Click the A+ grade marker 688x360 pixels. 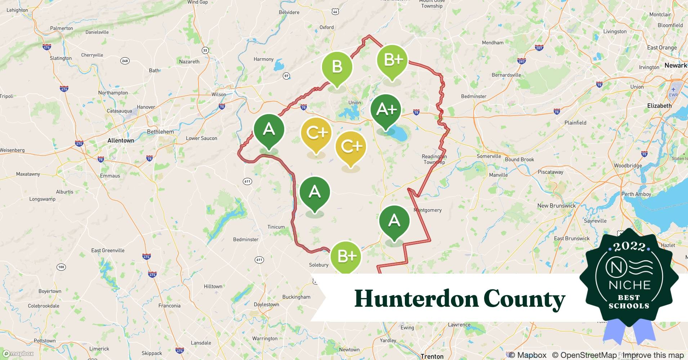pos(386,109)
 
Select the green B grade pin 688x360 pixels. pos(337,67)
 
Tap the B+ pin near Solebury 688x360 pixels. pos(346,256)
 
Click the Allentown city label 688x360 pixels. pos(121,140)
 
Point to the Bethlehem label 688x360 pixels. pos(160,132)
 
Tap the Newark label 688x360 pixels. pos(675,66)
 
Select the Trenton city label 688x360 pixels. pos(432,356)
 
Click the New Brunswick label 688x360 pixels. pos(556,206)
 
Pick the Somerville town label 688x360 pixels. pos(489,156)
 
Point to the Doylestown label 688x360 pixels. pos(266,304)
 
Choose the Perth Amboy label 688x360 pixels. pos(636,194)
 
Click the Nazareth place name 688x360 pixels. pos(189,62)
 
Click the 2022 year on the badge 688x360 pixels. pos(629,246)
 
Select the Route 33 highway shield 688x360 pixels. pos(205,50)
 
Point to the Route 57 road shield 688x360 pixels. pos(286,76)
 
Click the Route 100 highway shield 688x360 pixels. pos(61,267)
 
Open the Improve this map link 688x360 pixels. pos(653,355)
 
